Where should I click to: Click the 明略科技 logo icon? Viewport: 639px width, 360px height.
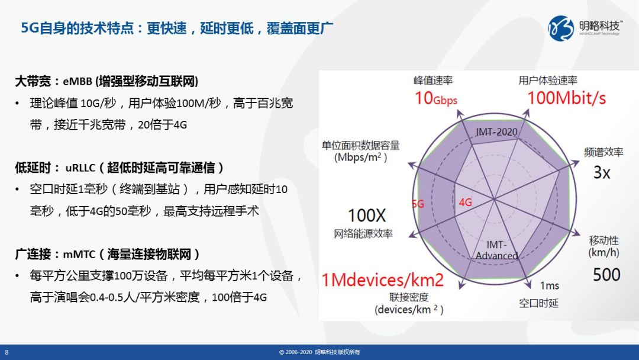click(x=561, y=28)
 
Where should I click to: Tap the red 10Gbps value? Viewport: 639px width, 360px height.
click(x=435, y=98)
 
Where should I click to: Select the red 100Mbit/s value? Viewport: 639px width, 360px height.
click(x=566, y=98)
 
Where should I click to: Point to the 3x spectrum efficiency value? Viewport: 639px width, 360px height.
click(x=602, y=172)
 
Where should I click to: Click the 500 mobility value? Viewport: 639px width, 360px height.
click(x=606, y=275)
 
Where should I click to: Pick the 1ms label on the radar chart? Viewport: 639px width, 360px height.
click(x=549, y=286)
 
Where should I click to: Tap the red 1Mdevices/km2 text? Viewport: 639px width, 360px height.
click(x=383, y=280)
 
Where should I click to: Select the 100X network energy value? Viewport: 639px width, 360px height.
click(x=366, y=216)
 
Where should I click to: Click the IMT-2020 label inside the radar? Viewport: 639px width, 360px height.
click(x=496, y=131)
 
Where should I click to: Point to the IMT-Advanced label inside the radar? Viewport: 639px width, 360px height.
click(x=496, y=250)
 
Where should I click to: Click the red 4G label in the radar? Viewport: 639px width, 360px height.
click(x=466, y=202)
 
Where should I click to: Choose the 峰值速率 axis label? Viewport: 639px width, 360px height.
click(x=433, y=81)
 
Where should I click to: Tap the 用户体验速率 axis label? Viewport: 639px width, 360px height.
click(x=548, y=81)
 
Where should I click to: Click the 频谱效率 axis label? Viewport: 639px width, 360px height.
click(x=603, y=153)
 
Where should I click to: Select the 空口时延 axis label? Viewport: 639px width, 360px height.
click(x=538, y=303)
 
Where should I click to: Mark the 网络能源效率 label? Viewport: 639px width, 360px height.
click(x=363, y=234)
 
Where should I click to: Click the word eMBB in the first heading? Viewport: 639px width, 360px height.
click(x=78, y=82)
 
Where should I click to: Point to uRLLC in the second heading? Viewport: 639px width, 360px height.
click(x=80, y=168)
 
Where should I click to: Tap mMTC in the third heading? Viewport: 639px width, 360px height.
click(x=79, y=255)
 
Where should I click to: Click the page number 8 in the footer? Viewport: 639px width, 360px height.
click(x=7, y=352)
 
